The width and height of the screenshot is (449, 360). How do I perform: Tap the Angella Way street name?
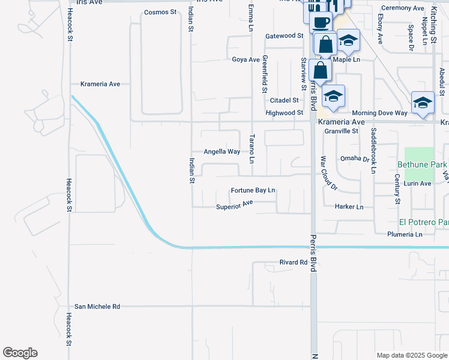click(x=221, y=152)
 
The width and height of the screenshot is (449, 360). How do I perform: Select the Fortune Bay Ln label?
click(x=253, y=191)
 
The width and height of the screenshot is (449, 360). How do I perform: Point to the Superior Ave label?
click(x=235, y=207)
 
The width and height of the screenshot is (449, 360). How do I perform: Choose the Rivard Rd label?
click(x=294, y=262)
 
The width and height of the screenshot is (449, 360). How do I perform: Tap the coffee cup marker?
click(x=321, y=22)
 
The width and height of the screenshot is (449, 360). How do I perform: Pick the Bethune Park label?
click(x=423, y=164)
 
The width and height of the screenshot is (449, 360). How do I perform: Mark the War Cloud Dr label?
click(x=329, y=173)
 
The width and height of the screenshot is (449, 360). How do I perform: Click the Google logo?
click(x=20, y=353)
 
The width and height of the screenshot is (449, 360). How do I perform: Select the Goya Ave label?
click(x=246, y=59)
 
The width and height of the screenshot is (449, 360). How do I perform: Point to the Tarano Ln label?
click(x=252, y=149)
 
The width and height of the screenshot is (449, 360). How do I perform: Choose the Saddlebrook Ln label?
click(x=373, y=151)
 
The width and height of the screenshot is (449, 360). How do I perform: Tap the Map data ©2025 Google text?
click(x=411, y=355)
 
